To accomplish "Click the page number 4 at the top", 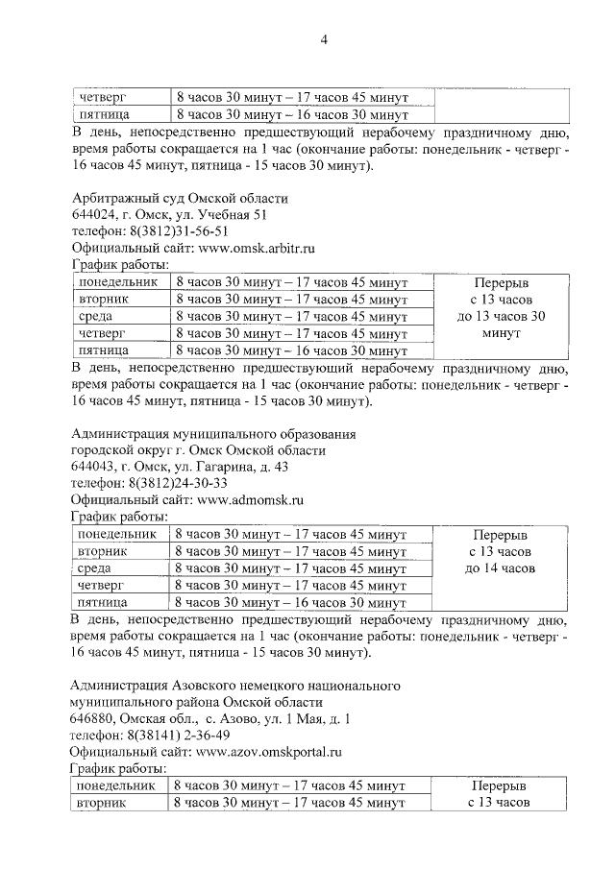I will (324, 39).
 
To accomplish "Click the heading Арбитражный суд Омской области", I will (180, 198).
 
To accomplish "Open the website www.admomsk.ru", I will (251, 499).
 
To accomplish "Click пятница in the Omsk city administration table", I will (103, 602).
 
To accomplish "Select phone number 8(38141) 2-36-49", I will (180, 735).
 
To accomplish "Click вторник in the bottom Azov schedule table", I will (103, 802).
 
